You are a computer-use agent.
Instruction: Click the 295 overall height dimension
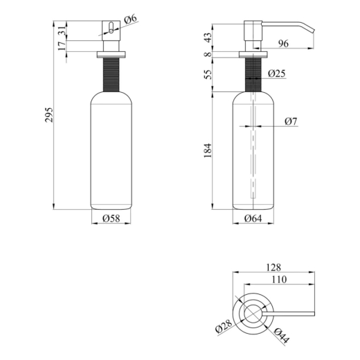pyautogui.click(x=48, y=115)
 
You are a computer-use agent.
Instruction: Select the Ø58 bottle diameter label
pyautogui.click(x=111, y=218)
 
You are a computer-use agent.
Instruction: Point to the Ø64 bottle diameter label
pyautogui.click(x=253, y=218)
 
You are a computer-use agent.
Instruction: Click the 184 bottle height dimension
pyautogui.click(x=208, y=151)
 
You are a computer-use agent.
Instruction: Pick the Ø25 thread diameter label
pyautogui.click(x=277, y=73)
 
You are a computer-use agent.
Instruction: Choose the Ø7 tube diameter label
pyautogui.click(x=291, y=121)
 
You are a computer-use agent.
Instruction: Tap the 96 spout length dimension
pyautogui.click(x=283, y=44)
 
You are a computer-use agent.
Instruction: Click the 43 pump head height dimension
pyautogui.click(x=208, y=37)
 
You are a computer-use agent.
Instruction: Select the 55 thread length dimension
pyautogui.click(x=208, y=74)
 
